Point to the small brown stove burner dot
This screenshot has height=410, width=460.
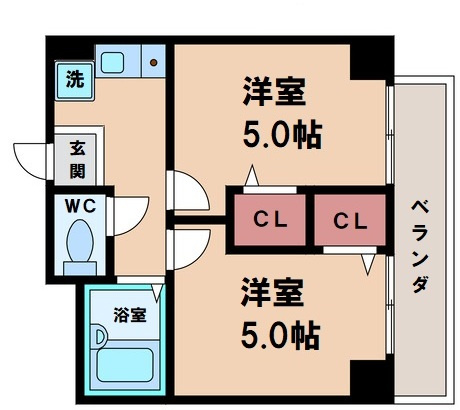tap(154, 63)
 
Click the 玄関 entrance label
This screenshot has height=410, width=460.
tap(76, 157)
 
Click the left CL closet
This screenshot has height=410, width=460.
tap(269, 219)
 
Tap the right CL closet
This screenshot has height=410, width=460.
tap(348, 219)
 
